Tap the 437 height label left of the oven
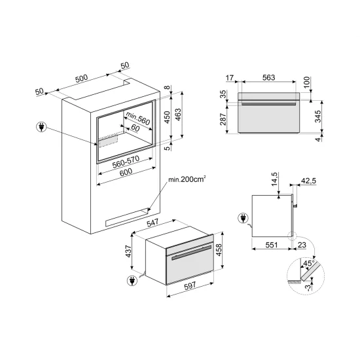(130, 251)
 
